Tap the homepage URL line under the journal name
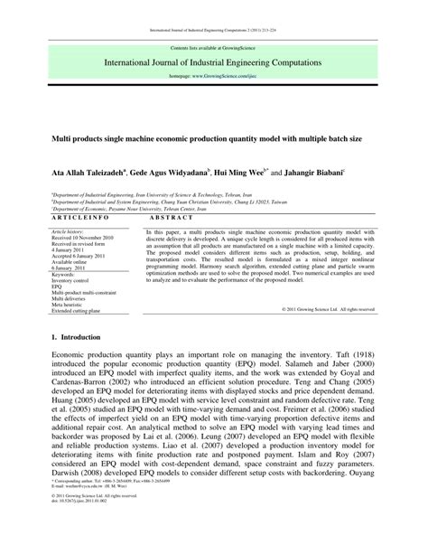(x=214, y=78)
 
